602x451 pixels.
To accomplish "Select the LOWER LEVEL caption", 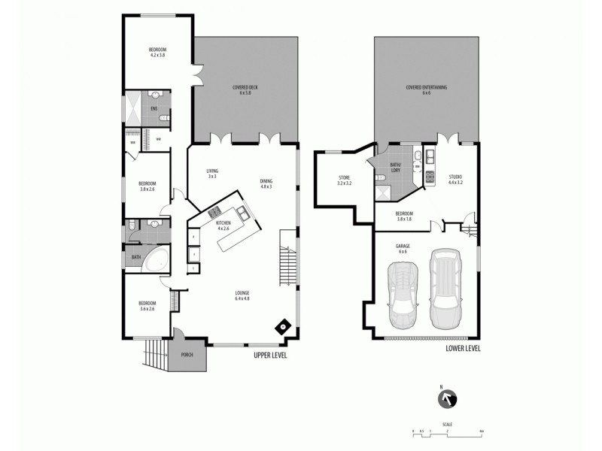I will click(463, 349).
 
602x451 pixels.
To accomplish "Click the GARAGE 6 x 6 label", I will click(403, 248).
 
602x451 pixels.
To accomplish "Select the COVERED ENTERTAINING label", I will click(427, 90).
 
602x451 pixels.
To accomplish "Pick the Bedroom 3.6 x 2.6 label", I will click(147, 305).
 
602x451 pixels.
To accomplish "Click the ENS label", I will click(154, 110).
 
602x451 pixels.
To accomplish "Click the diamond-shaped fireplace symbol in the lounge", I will click(284, 326).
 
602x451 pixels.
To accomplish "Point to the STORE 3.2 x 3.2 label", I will click(344, 180).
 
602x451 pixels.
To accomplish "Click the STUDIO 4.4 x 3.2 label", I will click(455, 180).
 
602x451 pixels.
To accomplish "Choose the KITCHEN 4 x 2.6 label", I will click(223, 225).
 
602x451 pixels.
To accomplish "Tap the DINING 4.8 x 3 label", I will click(266, 183).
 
